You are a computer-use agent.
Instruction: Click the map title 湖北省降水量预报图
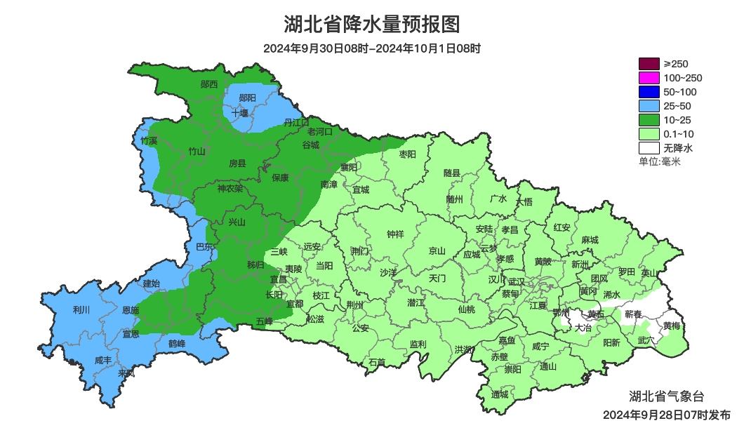pos(372,25)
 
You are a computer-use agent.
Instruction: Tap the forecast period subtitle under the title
pos(372,49)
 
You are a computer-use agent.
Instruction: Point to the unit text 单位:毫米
pos(659,161)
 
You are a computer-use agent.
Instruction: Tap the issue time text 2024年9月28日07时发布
pos(666,415)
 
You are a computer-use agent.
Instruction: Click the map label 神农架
pos(230,188)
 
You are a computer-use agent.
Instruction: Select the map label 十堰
pos(240,112)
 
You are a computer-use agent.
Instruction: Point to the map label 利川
pos(81,309)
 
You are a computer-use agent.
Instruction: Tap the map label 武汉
pos(517,281)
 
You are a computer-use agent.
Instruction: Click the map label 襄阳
pos(349,167)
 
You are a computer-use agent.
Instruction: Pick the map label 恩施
pos(131,310)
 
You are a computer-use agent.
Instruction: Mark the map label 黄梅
pos(672,325)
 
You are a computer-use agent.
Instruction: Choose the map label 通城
pos(500,394)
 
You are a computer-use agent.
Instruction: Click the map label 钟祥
pos(396,234)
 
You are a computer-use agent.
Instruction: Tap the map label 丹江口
pos(296,122)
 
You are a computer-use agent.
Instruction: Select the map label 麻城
pos(590,240)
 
